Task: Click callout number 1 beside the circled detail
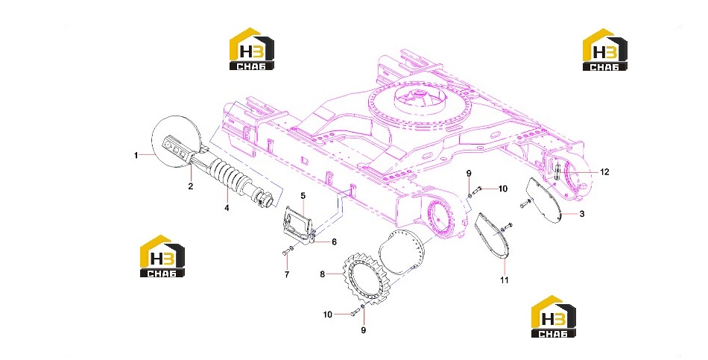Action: (136, 155)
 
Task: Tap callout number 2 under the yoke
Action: (191, 186)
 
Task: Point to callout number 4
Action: (227, 208)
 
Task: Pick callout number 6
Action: (334, 242)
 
